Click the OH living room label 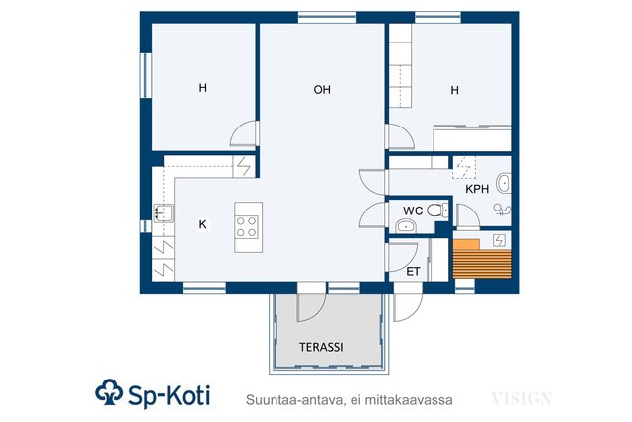322,89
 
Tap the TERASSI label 321,347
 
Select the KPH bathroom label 477,189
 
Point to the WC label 413,211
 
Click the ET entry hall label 413,272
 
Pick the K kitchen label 202,224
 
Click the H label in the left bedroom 203,88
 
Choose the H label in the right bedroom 454,90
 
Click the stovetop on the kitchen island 247,227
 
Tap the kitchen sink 163,213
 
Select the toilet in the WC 437,211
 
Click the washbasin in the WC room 406,226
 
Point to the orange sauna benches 482,259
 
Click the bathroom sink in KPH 504,184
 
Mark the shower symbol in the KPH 502,210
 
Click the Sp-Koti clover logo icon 110,391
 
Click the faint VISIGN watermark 521,399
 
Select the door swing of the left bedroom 243,133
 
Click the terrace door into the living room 311,307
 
